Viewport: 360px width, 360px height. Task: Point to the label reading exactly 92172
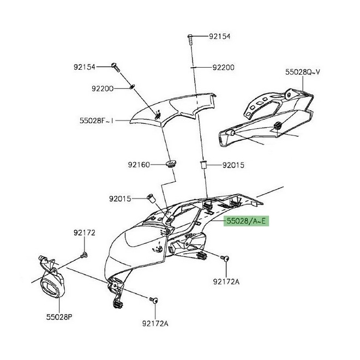pyautogui.click(x=85, y=233)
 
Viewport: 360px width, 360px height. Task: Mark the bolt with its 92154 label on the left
pyautogui.click(x=115, y=67)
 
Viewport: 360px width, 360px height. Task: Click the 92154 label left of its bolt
pyautogui.click(x=85, y=67)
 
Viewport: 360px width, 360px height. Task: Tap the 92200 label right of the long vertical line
pyautogui.click(x=223, y=68)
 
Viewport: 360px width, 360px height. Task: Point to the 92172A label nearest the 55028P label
pyautogui.click(x=155, y=323)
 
